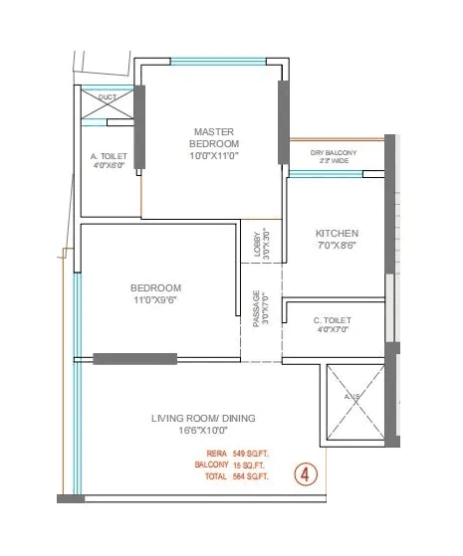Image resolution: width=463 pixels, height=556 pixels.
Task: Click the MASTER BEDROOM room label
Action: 212,136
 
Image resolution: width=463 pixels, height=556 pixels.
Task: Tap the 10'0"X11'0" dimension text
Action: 212,155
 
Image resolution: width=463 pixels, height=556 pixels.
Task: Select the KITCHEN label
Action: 337,234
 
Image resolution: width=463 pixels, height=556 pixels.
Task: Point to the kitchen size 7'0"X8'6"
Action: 337,247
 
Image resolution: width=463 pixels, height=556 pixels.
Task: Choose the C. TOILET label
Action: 332,319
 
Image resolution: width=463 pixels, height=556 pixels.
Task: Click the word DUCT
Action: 107,97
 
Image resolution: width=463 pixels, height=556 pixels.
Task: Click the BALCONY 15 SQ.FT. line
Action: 231,464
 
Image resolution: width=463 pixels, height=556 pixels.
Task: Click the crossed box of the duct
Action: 107,108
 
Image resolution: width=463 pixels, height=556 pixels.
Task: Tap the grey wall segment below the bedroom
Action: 134,358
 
